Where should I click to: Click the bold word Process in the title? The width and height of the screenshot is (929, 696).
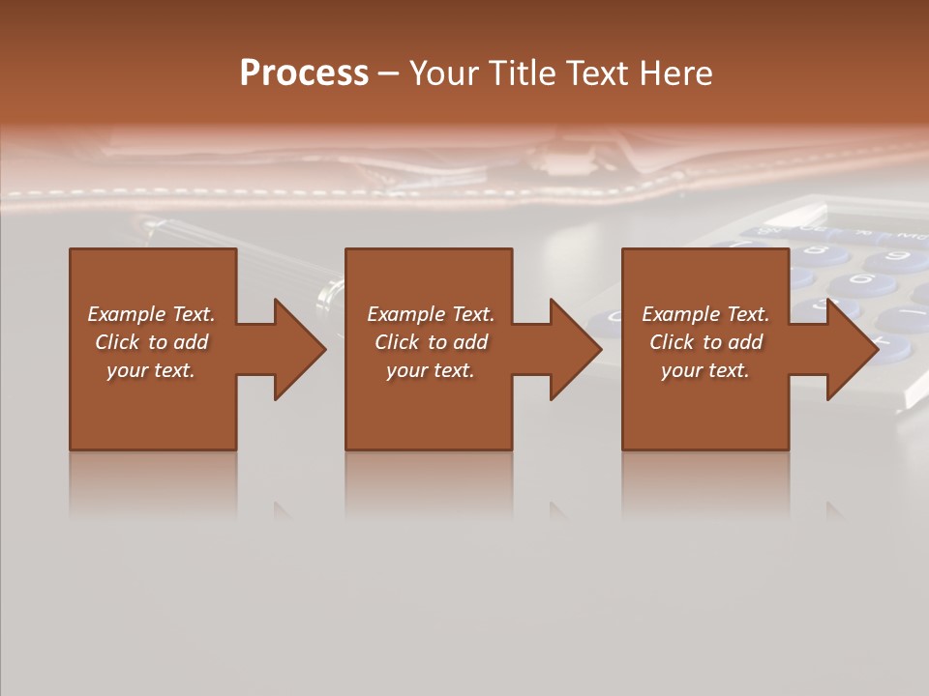point(304,73)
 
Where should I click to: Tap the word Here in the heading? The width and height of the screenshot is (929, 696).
point(675,73)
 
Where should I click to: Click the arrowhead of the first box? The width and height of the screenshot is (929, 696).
point(299,349)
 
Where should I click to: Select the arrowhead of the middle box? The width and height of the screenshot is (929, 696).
point(575,349)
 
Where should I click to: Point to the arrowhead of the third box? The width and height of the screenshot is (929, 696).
point(852,349)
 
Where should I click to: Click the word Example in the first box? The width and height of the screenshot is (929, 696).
point(127,314)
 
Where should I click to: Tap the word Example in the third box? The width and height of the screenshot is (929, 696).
point(681,314)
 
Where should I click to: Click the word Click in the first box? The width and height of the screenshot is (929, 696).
point(118,342)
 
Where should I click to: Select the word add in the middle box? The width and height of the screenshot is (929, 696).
point(470,342)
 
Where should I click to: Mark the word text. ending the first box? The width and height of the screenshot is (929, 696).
point(175,370)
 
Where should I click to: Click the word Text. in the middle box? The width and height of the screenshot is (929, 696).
point(471,314)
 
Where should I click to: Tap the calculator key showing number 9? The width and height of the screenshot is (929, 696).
point(895,258)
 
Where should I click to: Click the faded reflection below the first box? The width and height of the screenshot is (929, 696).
point(153,483)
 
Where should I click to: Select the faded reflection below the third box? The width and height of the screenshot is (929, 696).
point(705,483)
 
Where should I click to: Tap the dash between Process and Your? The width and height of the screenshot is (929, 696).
point(389,73)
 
